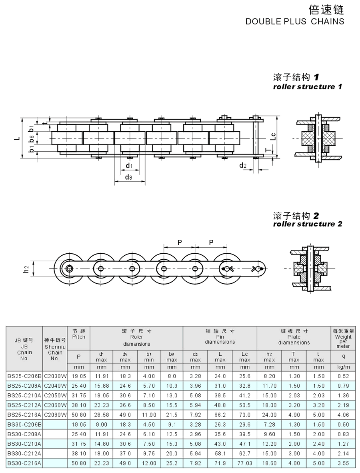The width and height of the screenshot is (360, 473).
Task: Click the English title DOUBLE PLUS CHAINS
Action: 294,22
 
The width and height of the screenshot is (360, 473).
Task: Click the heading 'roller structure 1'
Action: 307,86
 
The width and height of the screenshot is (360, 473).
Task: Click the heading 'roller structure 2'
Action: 307,224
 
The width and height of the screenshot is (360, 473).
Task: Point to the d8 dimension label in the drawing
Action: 128,177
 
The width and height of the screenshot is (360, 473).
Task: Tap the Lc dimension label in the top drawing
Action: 273,136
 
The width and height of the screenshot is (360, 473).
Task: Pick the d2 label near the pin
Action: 243,165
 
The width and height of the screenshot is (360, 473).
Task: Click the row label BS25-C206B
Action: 24,376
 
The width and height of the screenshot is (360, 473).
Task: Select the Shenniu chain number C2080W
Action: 55,415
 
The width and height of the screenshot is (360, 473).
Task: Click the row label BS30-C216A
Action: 24,463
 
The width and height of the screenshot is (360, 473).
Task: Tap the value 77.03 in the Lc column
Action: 244,463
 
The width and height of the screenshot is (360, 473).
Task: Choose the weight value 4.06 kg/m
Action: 343,415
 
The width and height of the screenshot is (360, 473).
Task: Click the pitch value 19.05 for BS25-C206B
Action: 78,376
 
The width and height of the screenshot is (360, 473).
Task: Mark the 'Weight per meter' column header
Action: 343,339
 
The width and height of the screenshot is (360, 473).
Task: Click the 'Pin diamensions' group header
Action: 220,337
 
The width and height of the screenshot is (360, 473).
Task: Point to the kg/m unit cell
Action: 343,367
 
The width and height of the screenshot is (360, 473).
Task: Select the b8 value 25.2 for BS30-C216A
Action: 172,463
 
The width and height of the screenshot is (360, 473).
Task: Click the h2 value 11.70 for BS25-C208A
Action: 269,386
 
